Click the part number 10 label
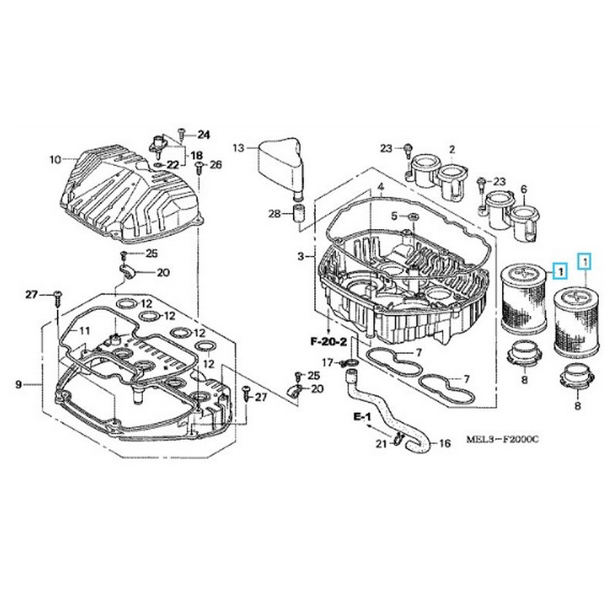(x=54, y=160)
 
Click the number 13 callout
(x=238, y=147)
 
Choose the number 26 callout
(x=215, y=165)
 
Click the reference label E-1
(x=362, y=416)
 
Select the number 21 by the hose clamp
(x=378, y=444)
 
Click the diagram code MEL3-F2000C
(x=503, y=439)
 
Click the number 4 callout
(x=380, y=188)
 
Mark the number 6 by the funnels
(x=524, y=189)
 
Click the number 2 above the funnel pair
(x=452, y=149)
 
